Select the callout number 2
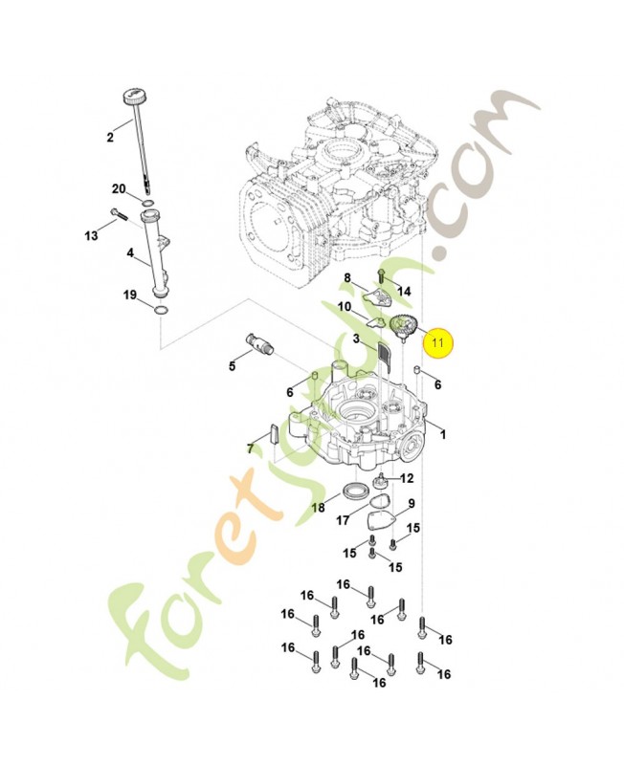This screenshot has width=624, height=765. [110, 138]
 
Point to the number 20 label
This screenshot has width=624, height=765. [119, 187]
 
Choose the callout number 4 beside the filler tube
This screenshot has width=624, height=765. [130, 254]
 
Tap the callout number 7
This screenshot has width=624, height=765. [250, 448]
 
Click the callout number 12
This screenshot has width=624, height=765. [407, 478]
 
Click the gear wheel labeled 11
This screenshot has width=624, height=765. [400, 329]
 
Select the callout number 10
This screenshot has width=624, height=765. [344, 307]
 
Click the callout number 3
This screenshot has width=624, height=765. [355, 339]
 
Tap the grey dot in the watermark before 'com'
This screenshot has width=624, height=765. [439, 251]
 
